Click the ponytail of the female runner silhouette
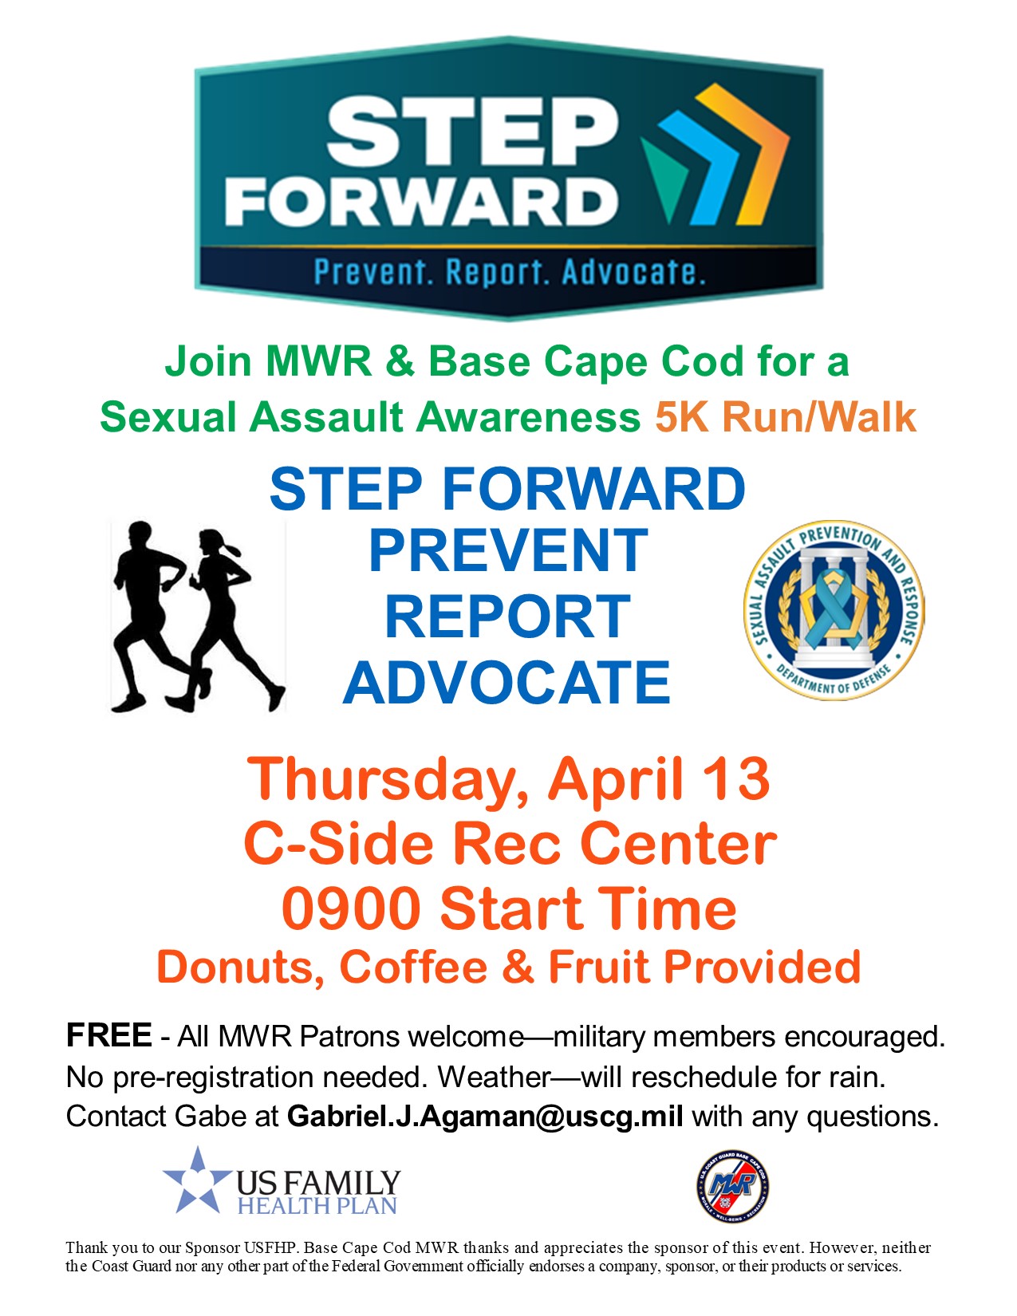pyautogui.click(x=232, y=549)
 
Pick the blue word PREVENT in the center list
pyautogui.click(x=508, y=550)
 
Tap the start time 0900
pyautogui.click(x=351, y=908)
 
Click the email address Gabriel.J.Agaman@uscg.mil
pyautogui.click(x=485, y=1116)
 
